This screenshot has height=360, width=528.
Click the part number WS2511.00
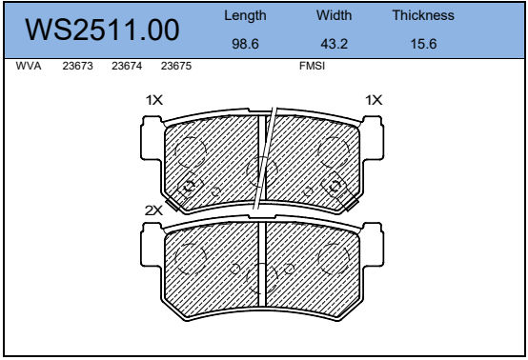(102, 30)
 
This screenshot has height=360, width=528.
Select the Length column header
(245, 16)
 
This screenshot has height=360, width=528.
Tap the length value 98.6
(245, 44)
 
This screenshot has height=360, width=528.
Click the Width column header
(334, 15)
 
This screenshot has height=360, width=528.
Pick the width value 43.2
(334, 44)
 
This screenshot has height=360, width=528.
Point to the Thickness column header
(423, 15)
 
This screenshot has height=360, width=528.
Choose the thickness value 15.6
(423, 44)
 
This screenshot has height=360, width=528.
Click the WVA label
(29, 66)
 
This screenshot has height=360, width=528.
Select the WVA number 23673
(77, 66)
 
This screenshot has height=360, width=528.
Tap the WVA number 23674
(127, 66)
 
